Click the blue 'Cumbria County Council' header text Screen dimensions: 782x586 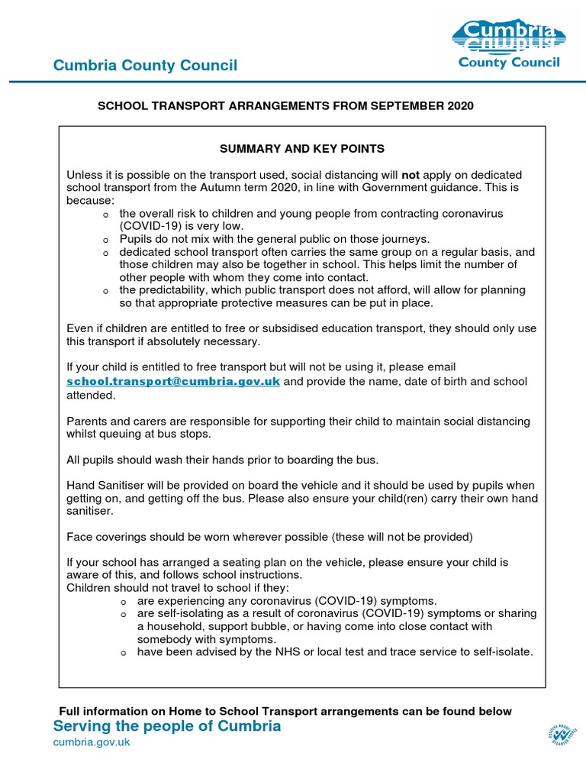145,66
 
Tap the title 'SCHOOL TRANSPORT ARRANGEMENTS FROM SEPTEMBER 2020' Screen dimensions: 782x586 285,106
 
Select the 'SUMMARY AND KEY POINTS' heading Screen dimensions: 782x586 302,148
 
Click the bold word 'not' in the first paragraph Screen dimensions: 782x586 411,175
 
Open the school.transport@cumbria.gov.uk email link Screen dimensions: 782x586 174,381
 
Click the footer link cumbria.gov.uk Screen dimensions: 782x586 91,742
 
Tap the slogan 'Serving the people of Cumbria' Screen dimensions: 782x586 167,726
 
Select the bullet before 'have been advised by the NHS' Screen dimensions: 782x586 124,653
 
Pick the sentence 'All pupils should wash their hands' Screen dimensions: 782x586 223,460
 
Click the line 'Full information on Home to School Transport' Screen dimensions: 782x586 285,711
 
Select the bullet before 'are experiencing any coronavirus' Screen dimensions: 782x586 124,602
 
